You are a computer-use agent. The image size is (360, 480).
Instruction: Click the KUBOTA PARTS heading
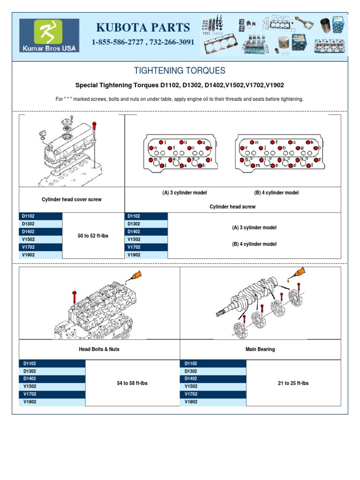point(143,27)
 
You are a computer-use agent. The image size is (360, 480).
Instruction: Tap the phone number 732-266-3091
point(173,42)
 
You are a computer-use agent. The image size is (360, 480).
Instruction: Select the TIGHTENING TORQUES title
point(180,71)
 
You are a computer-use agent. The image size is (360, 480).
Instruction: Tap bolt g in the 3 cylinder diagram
point(199,142)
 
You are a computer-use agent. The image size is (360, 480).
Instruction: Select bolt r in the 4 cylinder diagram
point(243,148)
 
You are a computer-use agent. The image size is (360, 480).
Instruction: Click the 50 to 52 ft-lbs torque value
point(93,236)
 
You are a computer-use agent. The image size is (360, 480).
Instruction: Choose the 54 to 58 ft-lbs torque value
point(132,383)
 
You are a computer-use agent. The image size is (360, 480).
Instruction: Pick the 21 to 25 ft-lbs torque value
point(293,383)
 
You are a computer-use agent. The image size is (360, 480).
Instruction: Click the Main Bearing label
point(260,349)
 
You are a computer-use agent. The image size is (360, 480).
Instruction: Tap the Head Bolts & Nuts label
point(99,349)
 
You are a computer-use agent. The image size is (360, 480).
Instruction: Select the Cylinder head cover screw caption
point(72,199)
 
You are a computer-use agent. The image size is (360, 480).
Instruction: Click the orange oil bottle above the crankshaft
point(299,273)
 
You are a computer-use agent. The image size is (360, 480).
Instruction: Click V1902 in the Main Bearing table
point(191,402)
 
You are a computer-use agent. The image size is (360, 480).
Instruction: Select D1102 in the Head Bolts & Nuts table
point(30,363)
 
